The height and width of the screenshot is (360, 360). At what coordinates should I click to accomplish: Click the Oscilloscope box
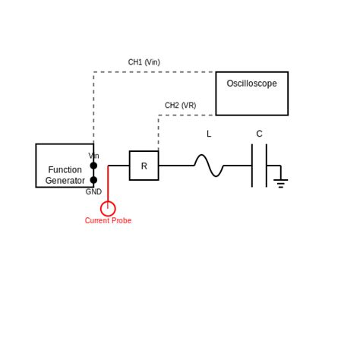[x=251, y=93]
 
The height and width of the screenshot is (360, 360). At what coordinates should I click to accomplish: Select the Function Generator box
[x=65, y=166]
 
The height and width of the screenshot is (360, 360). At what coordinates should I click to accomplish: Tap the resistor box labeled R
[x=144, y=166]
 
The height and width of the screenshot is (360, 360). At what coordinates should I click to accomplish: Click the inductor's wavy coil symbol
[x=208, y=166]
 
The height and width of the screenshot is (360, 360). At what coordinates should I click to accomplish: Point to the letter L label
[x=209, y=134]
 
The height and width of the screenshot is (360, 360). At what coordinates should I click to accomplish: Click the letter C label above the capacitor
[x=259, y=134]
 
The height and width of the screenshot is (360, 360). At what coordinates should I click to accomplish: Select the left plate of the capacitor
[x=252, y=166]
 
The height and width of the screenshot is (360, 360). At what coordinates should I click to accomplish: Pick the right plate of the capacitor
[x=267, y=166]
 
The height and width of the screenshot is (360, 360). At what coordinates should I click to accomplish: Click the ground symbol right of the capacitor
[x=280, y=182]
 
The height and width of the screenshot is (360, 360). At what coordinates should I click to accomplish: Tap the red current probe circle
[x=108, y=208]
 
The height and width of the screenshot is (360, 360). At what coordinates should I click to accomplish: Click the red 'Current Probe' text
[x=108, y=221]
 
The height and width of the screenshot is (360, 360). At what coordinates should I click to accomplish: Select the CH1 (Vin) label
[x=144, y=62]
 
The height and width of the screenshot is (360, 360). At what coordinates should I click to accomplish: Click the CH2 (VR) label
[x=180, y=106]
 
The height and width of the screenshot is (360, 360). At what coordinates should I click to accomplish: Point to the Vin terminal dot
[x=93, y=166]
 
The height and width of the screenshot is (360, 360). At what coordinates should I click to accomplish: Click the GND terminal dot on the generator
[x=93, y=180]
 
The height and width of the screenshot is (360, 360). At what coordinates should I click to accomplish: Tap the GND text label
[x=93, y=192]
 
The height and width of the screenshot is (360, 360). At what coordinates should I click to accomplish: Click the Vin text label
[x=93, y=156]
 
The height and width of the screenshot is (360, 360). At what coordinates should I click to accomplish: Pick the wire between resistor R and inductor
[x=175, y=166]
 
